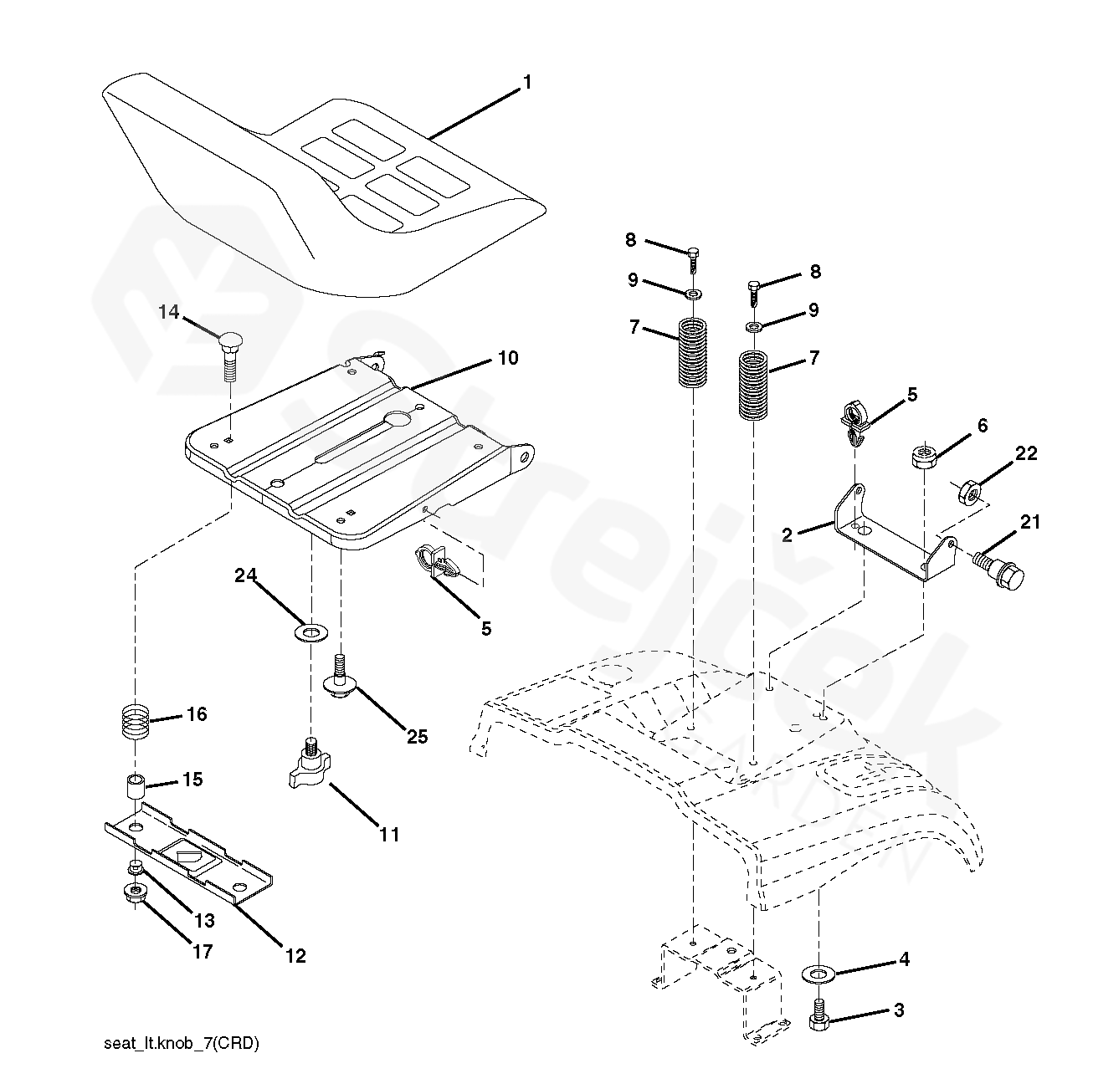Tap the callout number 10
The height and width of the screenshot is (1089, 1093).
coord(508,358)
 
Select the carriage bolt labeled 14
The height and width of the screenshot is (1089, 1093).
coord(229,351)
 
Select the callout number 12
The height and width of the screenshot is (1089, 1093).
coord(295,955)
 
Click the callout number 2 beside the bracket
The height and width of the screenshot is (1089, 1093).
coord(788,535)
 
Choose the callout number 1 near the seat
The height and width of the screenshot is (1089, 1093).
coord(526,82)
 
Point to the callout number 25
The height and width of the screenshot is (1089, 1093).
coord(417,736)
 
